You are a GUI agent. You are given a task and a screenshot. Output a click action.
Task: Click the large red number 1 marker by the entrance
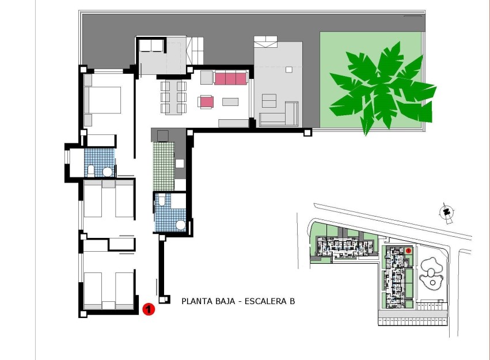click(x=149, y=310)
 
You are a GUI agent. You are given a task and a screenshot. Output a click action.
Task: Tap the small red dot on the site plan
click(x=408, y=251)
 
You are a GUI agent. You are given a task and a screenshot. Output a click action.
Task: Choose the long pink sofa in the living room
click(x=230, y=78)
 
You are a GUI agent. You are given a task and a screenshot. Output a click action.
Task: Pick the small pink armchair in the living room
click(x=206, y=102)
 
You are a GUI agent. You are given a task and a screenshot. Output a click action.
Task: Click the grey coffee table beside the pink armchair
click(x=230, y=102)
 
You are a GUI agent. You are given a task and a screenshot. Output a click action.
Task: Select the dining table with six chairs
click(x=173, y=96)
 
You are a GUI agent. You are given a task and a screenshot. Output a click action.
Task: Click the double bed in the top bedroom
click(x=104, y=100)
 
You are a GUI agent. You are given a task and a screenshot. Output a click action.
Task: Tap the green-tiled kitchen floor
click(x=164, y=167)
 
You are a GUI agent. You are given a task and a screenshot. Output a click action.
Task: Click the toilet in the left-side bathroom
click(x=91, y=170)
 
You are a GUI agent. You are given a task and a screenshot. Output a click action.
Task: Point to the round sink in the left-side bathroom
click(x=107, y=172)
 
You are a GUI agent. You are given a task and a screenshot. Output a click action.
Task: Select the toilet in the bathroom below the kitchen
click(x=162, y=200)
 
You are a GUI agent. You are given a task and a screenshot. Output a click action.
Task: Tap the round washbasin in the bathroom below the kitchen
click(x=181, y=225)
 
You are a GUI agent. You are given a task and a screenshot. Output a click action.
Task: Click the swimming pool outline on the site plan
click(x=431, y=273)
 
